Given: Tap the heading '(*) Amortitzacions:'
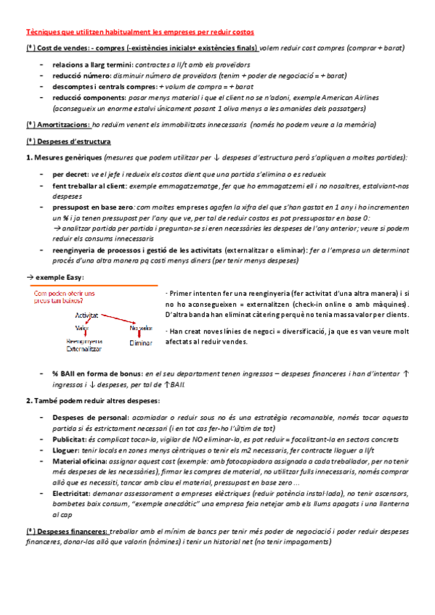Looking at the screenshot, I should (54, 125).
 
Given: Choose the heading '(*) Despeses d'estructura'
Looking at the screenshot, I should (68, 141).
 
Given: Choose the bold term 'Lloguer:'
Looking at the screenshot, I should (67, 450).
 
